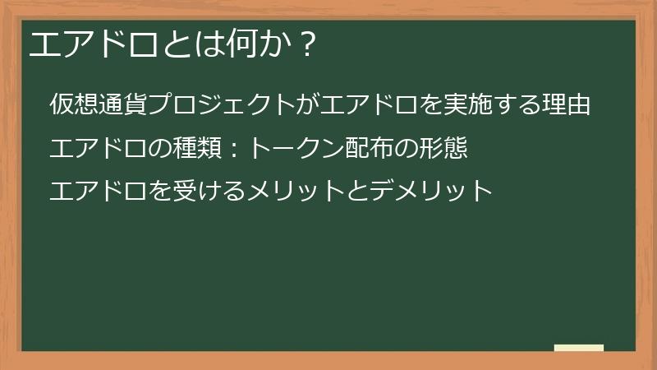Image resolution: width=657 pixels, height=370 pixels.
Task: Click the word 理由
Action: coord(567,105)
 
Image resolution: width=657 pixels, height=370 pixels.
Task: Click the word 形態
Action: coord(443,149)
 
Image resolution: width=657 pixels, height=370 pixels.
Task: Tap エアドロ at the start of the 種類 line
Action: coord(99,149)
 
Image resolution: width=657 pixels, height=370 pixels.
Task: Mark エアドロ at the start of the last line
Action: coord(99,192)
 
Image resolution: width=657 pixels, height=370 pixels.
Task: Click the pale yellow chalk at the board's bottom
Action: coord(579,348)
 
